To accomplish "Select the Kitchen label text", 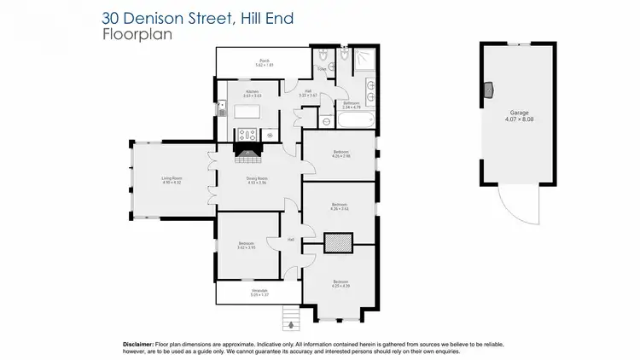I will point(251,93).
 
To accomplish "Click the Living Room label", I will point(172,179).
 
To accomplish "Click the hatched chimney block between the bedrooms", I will point(340,244).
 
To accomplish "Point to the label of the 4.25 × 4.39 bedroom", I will point(340,283).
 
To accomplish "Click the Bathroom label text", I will point(352,105).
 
